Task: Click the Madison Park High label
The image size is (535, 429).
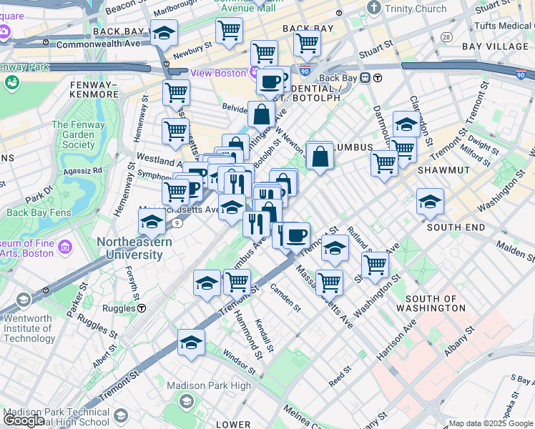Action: [x=208, y=386]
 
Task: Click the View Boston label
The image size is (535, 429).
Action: [x=217, y=73]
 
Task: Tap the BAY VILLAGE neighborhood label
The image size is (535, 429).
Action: [x=495, y=46]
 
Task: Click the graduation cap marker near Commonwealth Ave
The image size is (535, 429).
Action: [x=165, y=34]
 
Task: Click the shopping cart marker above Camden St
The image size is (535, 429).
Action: [x=237, y=281]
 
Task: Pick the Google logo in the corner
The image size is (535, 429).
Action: [x=23, y=420]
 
